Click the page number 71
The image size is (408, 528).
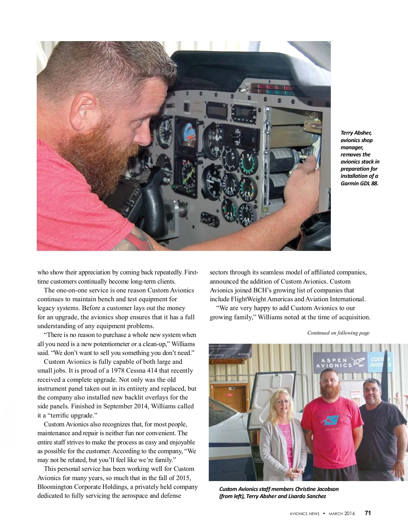point(368,513)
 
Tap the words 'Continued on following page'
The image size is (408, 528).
point(338,333)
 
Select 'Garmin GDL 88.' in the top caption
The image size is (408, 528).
point(359,183)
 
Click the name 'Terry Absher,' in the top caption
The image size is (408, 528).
point(356,133)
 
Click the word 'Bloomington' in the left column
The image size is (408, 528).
point(54,487)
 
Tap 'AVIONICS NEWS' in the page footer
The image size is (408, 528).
point(304,514)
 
